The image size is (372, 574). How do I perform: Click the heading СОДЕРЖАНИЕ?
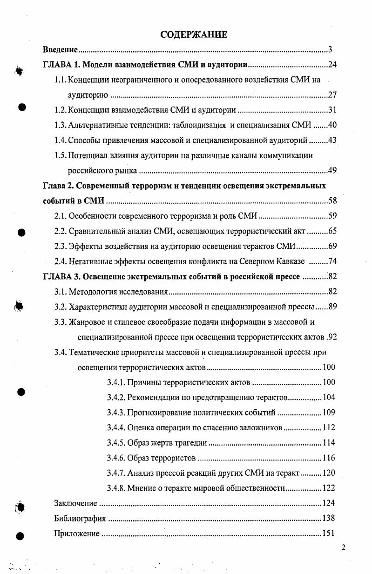point(193,34)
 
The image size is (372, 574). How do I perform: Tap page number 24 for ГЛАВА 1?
point(332,65)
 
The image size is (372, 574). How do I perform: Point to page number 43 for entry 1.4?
point(332,140)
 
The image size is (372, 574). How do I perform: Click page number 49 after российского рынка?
point(332,170)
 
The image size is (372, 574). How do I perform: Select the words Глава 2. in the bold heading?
point(58,186)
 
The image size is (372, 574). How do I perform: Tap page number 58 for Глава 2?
point(332,201)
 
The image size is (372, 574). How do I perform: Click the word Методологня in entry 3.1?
point(92,292)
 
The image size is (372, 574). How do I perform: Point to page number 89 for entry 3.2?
point(332,307)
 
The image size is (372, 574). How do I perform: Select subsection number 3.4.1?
point(115,382)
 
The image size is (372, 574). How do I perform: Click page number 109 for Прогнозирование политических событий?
point(329,413)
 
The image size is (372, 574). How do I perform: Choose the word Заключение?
point(75,503)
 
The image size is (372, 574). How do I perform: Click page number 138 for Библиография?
point(329,518)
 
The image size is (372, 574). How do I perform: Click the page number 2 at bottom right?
point(343,547)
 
